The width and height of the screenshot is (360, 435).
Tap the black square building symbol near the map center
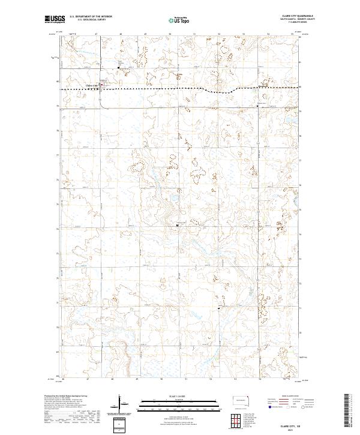(x=178, y=225)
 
